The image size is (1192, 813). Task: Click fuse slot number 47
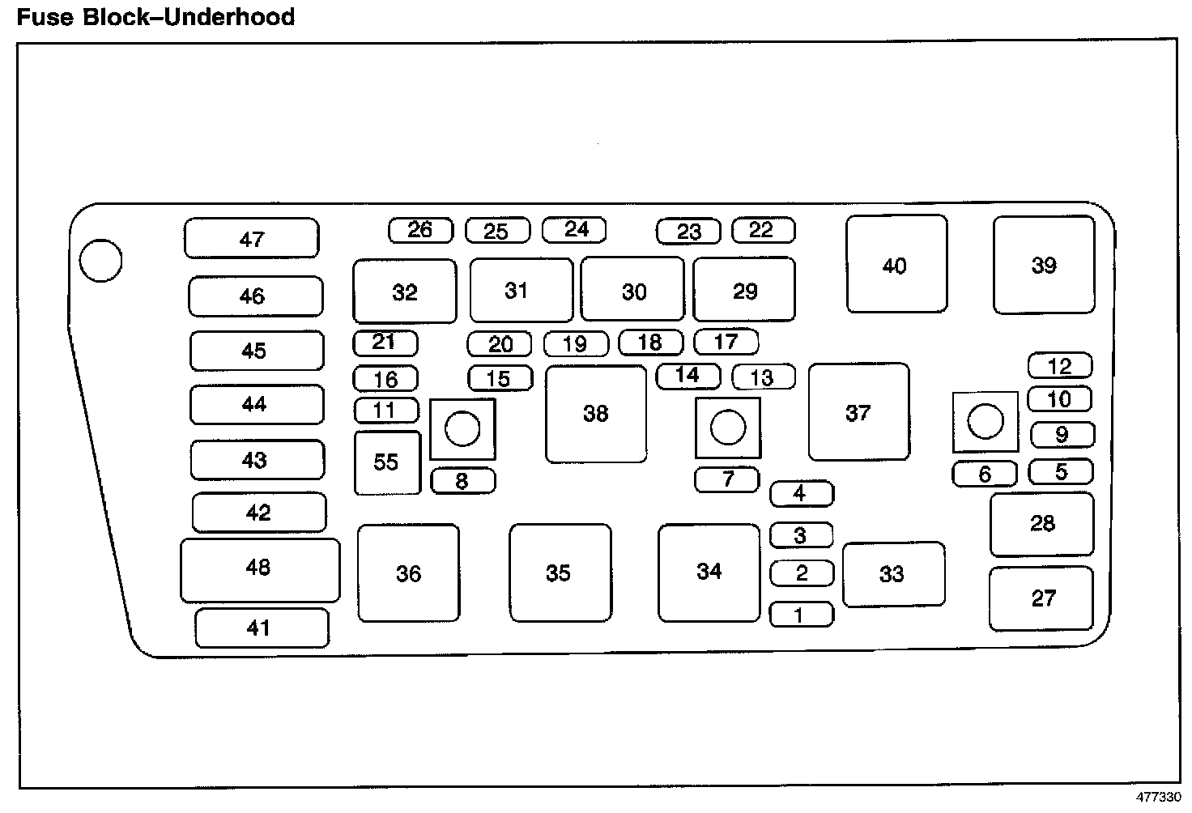click(x=252, y=238)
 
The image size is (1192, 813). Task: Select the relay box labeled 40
click(x=896, y=264)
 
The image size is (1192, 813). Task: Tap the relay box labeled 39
click(x=1044, y=265)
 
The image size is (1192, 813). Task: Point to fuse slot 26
click(x=420, y=230)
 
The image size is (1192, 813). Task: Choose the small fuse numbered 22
click(x=763, y=230)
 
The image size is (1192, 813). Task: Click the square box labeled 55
click(x=387, y=462)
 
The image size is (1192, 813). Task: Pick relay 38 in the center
click(x=596, y=414)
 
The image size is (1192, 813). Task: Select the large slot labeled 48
click(x=259, y=569)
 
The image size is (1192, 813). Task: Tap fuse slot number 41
click(x=262, y=628)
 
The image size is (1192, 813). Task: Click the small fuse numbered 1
click(x=801, y=615)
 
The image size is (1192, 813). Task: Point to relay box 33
click(x=893, y=574)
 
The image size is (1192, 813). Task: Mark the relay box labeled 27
click(x=1041, y=598)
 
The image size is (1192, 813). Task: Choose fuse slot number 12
click(x=1060, y=366)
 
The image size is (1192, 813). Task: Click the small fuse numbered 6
click(x=985, y=474)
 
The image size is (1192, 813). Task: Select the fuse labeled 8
click(x=462, y=481)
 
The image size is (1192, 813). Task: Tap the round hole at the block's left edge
click(x=101, y=262)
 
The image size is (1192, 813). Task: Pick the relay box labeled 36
click(x=408, y=573)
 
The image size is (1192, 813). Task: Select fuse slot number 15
click(x=500, y=378)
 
